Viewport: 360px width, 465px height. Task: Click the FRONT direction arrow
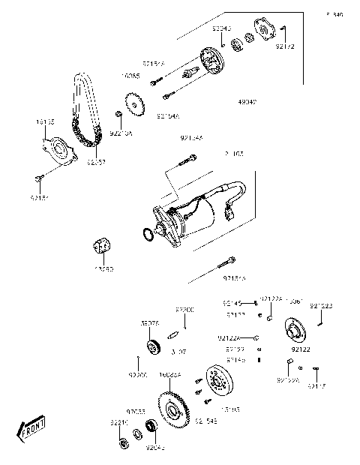(31, 431)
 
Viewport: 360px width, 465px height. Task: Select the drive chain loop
(82, 112)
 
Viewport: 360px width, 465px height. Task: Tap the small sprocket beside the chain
(133, 103)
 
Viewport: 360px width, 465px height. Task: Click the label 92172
(284, 46)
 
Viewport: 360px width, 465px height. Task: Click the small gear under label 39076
(154, 346)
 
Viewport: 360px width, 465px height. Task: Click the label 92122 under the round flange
(300, 349)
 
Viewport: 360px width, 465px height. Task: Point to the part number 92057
(95, 160)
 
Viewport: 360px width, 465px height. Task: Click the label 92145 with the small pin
(231, 301)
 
